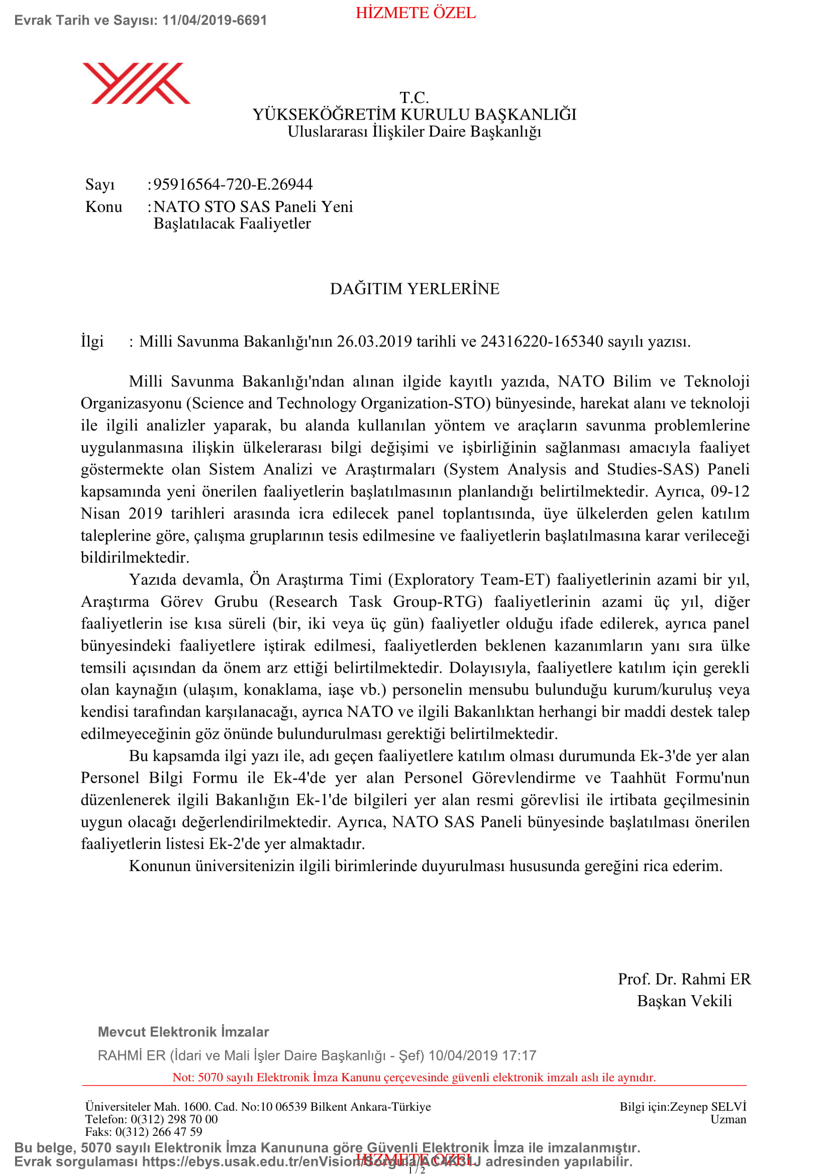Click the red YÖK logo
click(136, 83)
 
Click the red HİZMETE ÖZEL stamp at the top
click(415, 13)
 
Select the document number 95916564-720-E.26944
click(233, 184)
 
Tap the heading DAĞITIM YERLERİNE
click(414, 289)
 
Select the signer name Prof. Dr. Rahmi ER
click(684, 979)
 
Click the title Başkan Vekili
click(684, 1001)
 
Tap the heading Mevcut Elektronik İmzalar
click(183, 1032)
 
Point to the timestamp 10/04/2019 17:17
click(482, 1056)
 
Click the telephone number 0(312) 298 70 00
click(174, 1119)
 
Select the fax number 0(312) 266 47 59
click(159, 1131)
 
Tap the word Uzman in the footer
click(728, 1119)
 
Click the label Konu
click(104, 207)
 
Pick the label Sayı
click(100, 184)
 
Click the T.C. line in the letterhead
click(414, 97)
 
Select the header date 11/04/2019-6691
click(215, 21)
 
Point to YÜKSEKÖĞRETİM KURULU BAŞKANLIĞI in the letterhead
click(414, 114)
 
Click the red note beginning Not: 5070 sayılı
click(414, 1077)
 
